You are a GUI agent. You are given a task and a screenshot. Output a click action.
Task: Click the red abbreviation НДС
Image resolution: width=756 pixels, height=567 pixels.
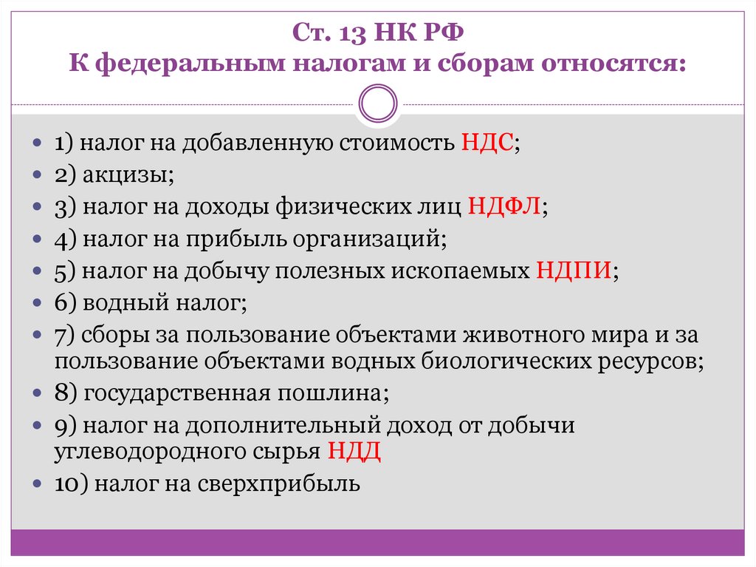[x=487, y=143]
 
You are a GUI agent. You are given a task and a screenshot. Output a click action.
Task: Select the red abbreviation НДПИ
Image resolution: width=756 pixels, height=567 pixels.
[x=573, y=270]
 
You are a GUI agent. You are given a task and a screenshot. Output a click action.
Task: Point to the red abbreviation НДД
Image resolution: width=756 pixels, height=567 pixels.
[x=354, y=451]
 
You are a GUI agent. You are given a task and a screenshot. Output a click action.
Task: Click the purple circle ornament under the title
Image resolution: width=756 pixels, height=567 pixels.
[x=377, y=104]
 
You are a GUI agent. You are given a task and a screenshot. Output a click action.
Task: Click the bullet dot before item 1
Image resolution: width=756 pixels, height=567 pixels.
[x=38, y=143]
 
